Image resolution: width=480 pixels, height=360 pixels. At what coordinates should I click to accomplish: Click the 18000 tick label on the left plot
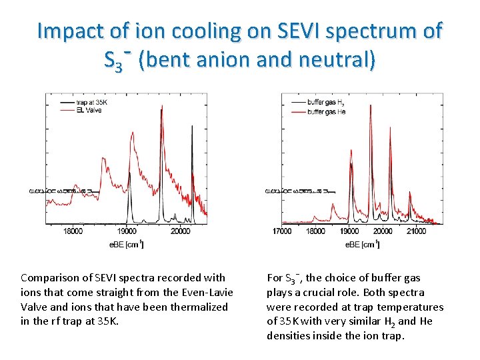73,231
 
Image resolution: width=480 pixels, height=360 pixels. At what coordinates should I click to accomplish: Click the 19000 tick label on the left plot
127,231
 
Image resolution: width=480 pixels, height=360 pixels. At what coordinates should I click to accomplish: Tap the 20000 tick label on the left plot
179,231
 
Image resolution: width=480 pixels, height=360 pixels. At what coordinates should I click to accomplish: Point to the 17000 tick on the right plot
282,231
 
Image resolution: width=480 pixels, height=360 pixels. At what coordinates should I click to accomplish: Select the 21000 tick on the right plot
416,231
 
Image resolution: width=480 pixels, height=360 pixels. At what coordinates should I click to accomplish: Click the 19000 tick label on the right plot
349,231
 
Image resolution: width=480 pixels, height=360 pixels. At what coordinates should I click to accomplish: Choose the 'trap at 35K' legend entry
91,102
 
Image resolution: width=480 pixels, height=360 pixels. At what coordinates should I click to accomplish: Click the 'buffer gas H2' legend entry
325,102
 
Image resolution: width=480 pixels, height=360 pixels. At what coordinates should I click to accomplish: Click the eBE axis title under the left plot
127,245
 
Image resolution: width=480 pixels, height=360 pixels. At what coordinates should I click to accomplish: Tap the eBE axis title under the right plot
362,245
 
